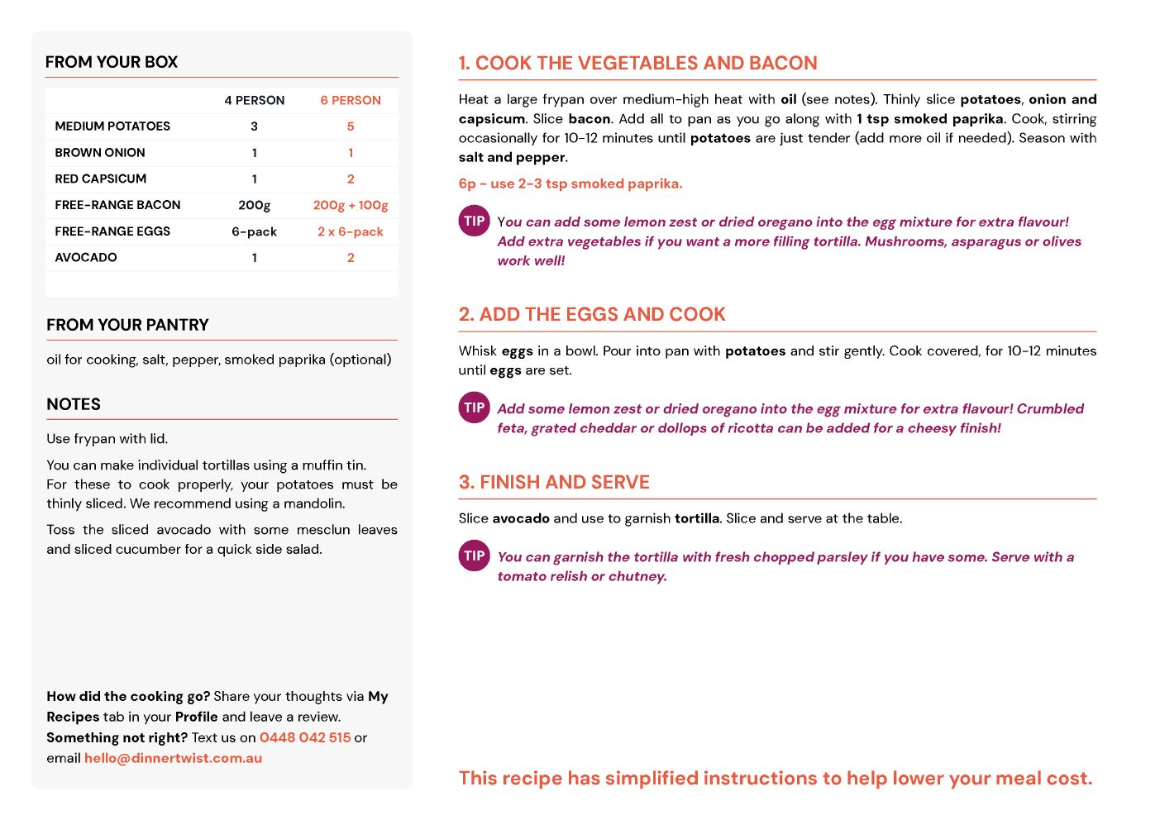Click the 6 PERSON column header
351,100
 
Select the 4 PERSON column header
254,100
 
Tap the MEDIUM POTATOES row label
112,126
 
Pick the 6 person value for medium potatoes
351,126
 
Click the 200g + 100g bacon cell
351,205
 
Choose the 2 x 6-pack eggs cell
351,231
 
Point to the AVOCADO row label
86,258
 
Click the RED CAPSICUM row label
101,179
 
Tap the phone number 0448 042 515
305,737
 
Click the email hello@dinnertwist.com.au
173,758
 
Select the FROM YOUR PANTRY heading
127,325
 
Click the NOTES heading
74,404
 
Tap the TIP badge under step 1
475,221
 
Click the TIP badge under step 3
475,555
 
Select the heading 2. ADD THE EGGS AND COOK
592,314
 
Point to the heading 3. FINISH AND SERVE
554,482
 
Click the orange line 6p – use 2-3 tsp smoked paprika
570,184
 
